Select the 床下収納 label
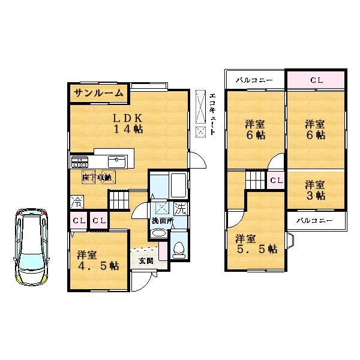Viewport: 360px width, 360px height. coord(98,177)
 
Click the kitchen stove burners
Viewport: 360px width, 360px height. coord(80,161)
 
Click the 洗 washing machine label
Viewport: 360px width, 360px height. coord(179,209)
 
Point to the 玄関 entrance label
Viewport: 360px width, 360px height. coord(145,260)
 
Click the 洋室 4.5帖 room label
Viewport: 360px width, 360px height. coord(97,260)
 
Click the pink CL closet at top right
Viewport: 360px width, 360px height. coord(316,79)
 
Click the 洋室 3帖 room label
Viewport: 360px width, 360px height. coord(314,190)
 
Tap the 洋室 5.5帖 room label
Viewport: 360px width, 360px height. coord(254,242)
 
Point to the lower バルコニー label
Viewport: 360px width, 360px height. coord(314,220)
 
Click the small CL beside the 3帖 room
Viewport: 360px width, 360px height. coord(277,180)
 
